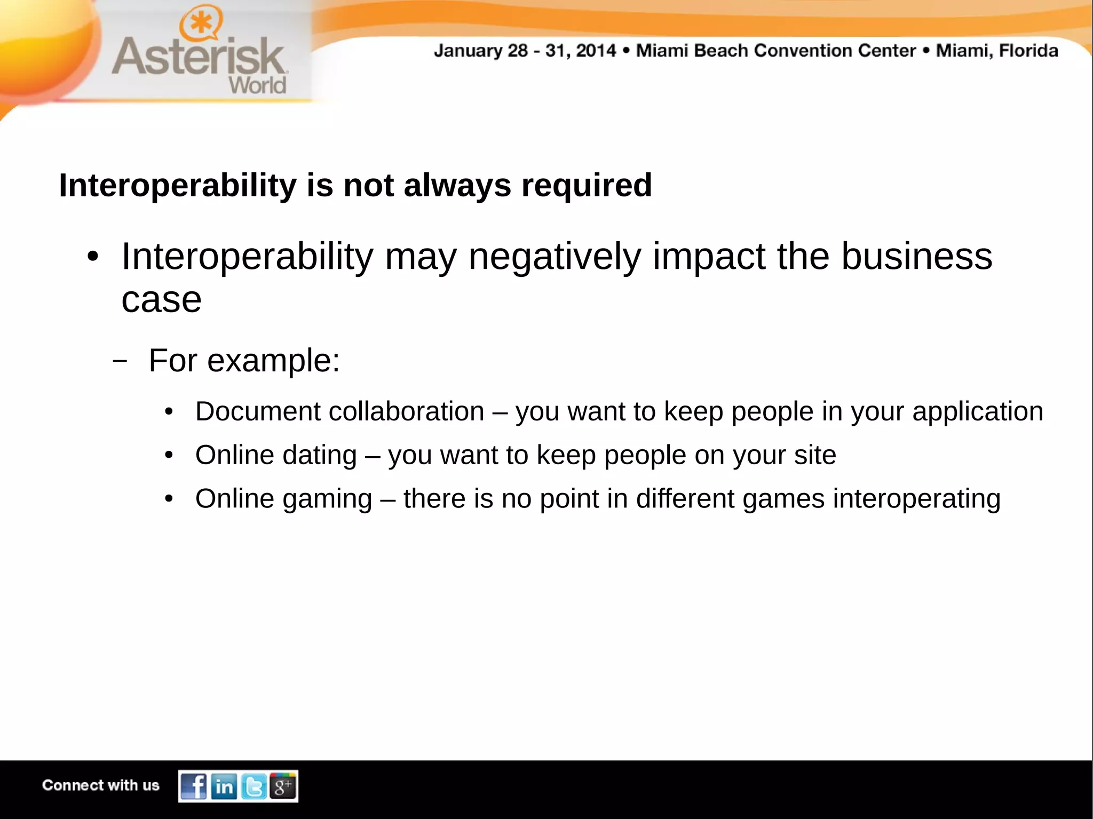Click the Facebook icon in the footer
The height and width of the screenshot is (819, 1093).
(194, 786)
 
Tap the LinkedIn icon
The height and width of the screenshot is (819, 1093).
(224, 786)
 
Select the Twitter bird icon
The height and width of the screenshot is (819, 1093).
(254, 786)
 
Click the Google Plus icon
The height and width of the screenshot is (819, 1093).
(283, 786)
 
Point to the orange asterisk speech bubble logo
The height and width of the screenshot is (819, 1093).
(201, 23)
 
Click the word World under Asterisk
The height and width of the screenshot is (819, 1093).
(257, 85)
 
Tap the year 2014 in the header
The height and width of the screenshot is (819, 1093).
(596, 51)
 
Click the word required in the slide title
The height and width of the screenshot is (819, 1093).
(587, 185)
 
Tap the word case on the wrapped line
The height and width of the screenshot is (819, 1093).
(161, 300)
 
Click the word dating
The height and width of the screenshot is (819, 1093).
(319, 455)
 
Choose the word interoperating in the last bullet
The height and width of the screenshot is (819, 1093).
(916, 499)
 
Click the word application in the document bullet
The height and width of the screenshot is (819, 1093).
(977, 411)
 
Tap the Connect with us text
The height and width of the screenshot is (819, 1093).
(101, 785)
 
